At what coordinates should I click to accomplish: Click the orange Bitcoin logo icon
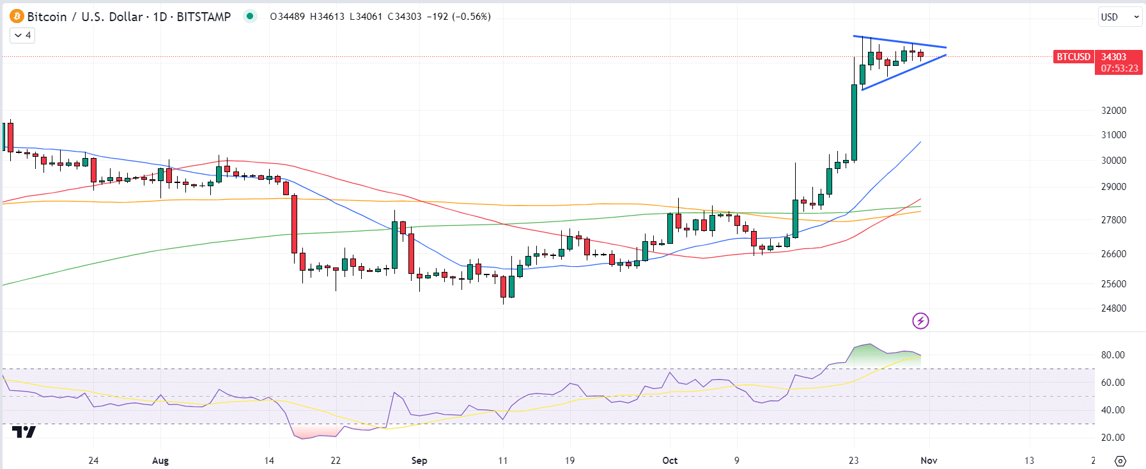coord(17,16)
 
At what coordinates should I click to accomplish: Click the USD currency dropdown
coord(1120,17)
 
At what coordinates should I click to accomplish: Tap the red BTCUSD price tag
coord(1073,57)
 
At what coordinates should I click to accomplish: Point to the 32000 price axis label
coord(1113,111)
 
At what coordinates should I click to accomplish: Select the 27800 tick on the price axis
coord(1113,220)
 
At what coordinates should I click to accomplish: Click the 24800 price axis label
coord(1113,308)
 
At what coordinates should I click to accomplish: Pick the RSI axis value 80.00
coord(1113,355)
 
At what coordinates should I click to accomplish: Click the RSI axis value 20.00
coord(1113,438)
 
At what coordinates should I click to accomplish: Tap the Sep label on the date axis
coord(419,461)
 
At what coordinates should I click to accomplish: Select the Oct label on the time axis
coord(670,461)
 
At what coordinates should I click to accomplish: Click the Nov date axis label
coord(929,461)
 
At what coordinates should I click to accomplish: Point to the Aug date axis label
coord(160,461)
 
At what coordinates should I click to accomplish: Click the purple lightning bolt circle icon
coord(920,321)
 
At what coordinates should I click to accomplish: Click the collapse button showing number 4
coord(22,35)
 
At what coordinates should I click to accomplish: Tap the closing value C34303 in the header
coord(405,17)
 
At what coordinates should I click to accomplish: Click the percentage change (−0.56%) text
coord(471,17)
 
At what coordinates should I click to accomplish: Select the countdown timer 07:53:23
coord(1119,68)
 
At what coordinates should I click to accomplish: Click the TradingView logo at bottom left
coord(24,433)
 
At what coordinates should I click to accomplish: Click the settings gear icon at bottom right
coord(1120,461)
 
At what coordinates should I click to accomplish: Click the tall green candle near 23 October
coord(854,122)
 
